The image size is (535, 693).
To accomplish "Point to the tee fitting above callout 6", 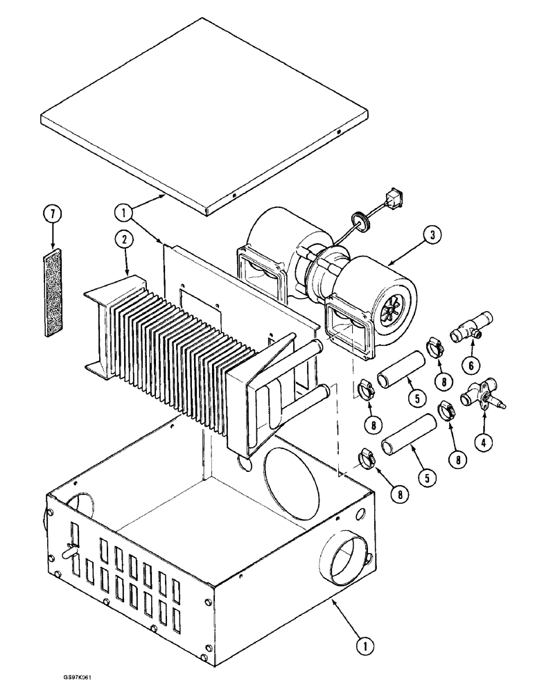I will point(473,326).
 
